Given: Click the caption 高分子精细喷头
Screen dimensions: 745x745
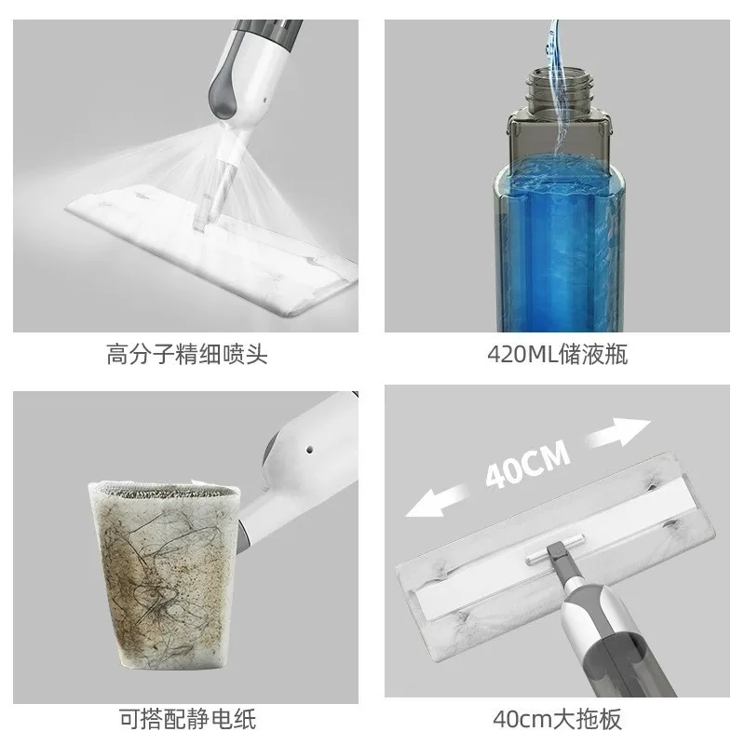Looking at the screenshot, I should [187, 356].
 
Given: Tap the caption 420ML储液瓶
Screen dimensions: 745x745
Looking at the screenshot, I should [556, 356].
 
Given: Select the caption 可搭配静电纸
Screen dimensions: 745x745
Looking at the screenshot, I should [187, 719].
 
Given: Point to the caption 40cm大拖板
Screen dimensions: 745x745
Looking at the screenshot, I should [556, 719].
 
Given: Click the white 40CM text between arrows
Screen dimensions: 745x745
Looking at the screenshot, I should [526, 465].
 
